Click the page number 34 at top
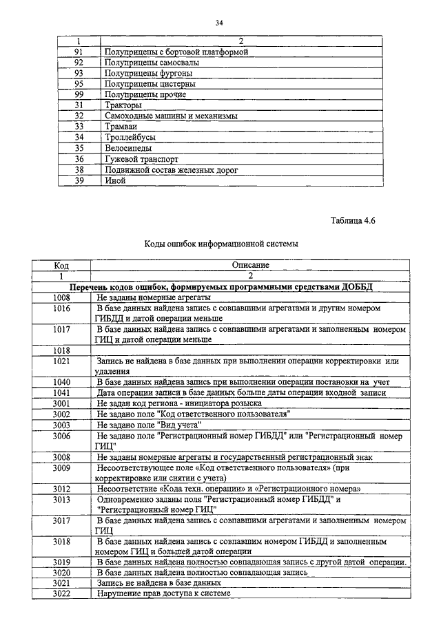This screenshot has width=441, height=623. tap(219, 23)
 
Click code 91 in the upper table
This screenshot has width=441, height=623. tap(79, 52)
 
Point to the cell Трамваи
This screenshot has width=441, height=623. tap(121, 127)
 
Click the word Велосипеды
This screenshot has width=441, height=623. tap(128, 147)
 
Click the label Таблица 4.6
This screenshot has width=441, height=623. tap(352, 220)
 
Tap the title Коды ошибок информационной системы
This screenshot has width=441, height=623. tap(220, 243)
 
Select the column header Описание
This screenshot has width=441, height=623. tap(250, 264)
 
